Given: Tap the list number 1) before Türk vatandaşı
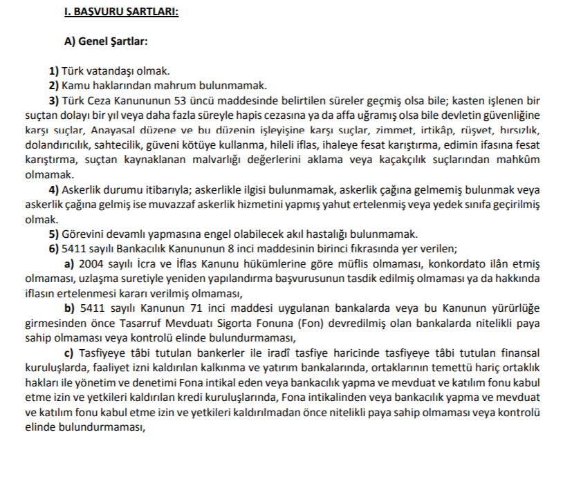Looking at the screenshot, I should tap(54, 71).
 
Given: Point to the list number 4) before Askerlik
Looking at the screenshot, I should tap(54, 189).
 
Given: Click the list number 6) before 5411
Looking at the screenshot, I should tap(54, 248).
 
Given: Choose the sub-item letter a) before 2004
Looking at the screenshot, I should tap(69, 263).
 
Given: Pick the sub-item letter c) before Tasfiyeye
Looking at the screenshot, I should tap(69, 353).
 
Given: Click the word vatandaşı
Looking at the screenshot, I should tap(118, 71).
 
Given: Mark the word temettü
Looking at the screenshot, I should tap(421, 367).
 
